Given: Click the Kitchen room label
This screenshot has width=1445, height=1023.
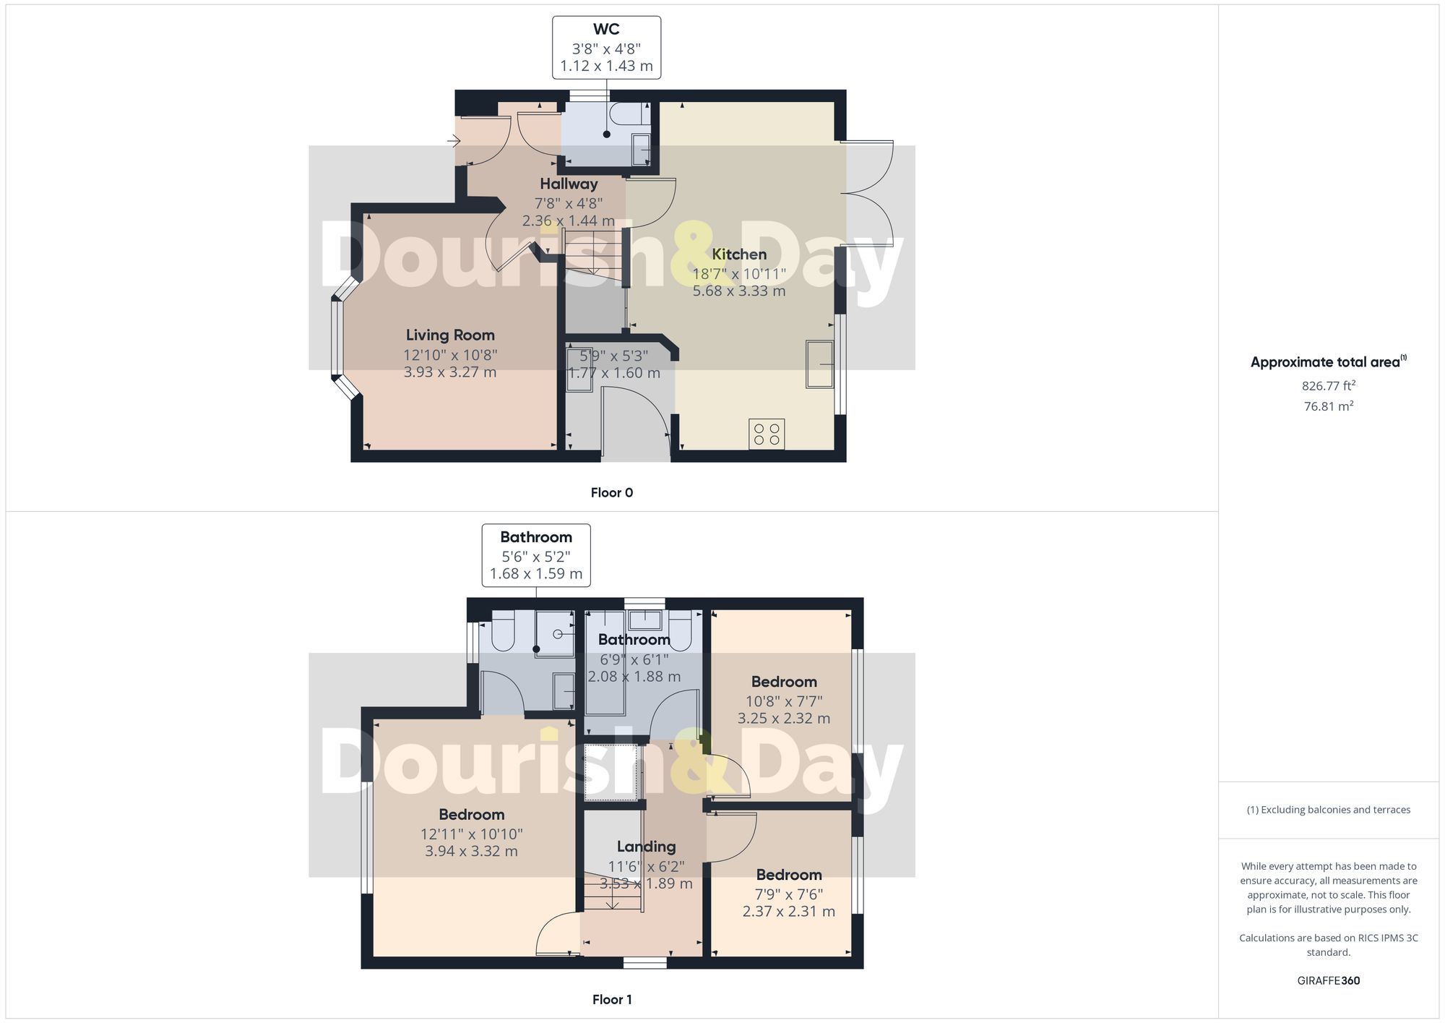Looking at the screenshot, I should pos(738,254).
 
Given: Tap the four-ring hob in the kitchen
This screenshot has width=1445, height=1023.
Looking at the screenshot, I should pos(767,434).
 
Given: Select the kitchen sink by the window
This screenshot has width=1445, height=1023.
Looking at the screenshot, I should pos(820,364).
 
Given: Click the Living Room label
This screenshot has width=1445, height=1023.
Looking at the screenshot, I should pos(450,335).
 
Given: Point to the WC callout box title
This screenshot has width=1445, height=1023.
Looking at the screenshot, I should pos(606,29).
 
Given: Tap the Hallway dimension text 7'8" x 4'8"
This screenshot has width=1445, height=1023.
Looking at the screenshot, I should pos(569,203).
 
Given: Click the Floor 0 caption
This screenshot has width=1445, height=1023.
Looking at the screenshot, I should pos(611,492).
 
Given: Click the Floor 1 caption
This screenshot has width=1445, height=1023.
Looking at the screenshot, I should pos(611,999).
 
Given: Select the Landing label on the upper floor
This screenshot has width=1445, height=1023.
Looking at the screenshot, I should pos(646,847).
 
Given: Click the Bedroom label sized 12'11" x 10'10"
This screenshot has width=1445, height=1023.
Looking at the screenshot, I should pos(471,815).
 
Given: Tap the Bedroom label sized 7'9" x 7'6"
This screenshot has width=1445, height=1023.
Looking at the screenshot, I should pos(788,875).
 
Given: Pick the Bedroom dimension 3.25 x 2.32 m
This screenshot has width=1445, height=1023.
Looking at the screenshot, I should pos(783,718).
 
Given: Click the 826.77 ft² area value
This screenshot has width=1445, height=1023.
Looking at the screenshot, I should pos(1328,385).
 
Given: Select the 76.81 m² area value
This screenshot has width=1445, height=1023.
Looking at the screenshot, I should pos(1328,406).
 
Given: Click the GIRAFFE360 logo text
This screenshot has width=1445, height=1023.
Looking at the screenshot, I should pos(1328,980).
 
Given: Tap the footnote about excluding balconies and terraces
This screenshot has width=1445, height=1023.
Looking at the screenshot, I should pos(1328,810).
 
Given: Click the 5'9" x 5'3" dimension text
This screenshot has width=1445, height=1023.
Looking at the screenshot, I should pos(613,356).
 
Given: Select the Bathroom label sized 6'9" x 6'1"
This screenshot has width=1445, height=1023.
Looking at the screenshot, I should pos(634,640).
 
